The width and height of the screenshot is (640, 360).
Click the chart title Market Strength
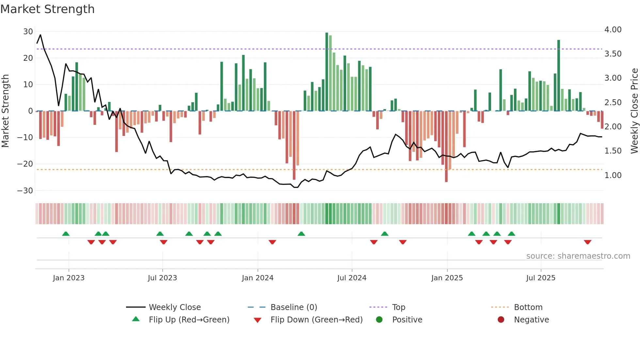47,9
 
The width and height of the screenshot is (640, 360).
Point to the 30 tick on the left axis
28,32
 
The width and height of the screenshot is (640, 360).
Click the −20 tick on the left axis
25,164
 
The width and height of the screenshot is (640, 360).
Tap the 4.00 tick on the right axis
613,30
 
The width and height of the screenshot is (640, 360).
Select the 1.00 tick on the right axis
613,175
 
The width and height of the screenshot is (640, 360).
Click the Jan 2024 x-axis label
257,278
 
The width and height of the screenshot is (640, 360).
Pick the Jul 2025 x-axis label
540,278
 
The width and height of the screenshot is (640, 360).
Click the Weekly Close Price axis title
634,111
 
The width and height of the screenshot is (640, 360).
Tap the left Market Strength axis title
5,111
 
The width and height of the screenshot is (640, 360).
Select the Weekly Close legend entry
174,307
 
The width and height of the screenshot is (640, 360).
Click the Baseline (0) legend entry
294,307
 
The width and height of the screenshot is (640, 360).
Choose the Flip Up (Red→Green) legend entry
189,320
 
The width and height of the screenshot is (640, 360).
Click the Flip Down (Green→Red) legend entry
316,320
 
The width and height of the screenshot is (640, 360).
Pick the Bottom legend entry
528,307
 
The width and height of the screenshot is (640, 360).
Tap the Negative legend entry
531,320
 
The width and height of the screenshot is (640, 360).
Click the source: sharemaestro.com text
578,256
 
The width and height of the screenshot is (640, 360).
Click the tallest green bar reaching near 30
327,72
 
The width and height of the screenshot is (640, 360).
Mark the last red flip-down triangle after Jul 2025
587,242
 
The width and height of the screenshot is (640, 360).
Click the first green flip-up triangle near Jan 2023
66,234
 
